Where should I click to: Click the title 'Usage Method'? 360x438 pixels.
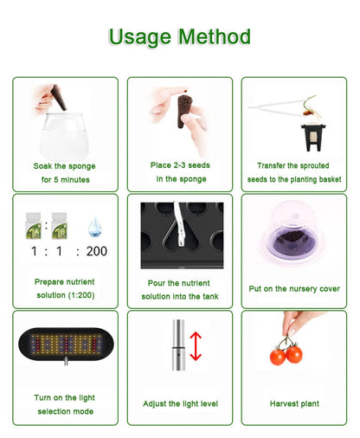[x=180, y=36]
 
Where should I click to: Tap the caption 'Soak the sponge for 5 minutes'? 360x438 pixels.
[x=65, y=172]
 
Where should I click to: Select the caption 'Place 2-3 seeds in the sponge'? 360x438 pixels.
[x=181, y=171]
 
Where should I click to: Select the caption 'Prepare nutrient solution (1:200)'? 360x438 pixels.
[x=65, y=289]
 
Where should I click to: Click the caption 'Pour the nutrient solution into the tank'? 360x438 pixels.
[x=181, y=289]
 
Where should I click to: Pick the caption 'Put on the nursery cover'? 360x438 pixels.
[x=294, y=289]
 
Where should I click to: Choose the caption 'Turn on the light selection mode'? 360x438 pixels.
[x=65, y=403]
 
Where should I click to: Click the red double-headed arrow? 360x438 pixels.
[x=196, y=346]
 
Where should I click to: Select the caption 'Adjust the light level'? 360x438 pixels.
[x=181, y=403]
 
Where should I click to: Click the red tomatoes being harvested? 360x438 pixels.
[x=286, y=353]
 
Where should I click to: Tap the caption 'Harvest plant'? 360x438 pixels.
[x=294, y=403]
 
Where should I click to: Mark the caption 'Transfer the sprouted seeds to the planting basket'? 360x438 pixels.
[x=294, y=171]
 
